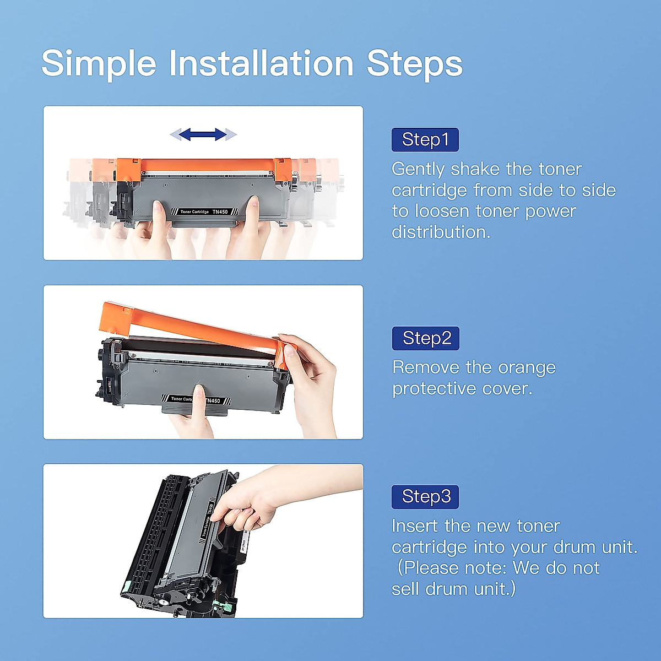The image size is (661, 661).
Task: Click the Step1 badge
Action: coord(425,140)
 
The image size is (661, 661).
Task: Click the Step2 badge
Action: coord(425,338)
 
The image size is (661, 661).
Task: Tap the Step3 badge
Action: coord(425,497)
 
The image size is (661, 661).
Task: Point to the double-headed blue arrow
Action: coord(203,134)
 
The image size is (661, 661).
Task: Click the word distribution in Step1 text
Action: coord(441,232)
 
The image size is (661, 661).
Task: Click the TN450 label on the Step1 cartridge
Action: coord(220,212)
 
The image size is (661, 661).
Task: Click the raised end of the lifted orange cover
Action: coord(116,315)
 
